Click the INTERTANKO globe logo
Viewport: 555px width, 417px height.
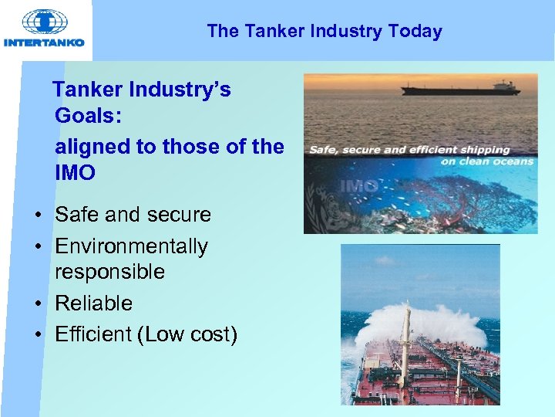pyautogui.click(x=45, y=22)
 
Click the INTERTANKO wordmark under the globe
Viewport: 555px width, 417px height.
pyautogui.click(x=45, y=43)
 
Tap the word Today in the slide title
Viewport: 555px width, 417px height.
pyautogui.click(x=415, y=32)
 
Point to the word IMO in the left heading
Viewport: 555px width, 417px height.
pyautogui.click(x=76, y=172)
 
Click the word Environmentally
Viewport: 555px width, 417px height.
pyautogui.click(x=131, y=246)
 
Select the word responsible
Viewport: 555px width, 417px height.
pyautogui.click(x=109, y=272)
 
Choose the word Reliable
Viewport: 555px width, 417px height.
pyautogui.click(x=93, y=303)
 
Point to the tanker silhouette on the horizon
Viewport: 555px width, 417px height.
pyautogui.click(x=460, y=88)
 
